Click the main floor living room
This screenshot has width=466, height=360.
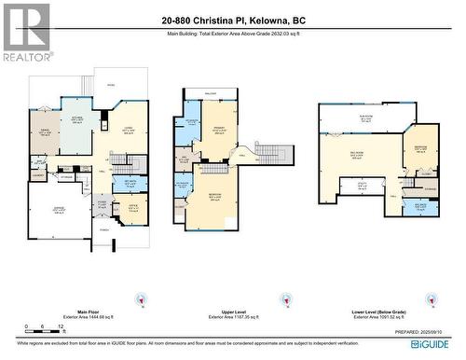(x=129, y=132)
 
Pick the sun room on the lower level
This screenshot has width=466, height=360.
(x=366, y=117)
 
